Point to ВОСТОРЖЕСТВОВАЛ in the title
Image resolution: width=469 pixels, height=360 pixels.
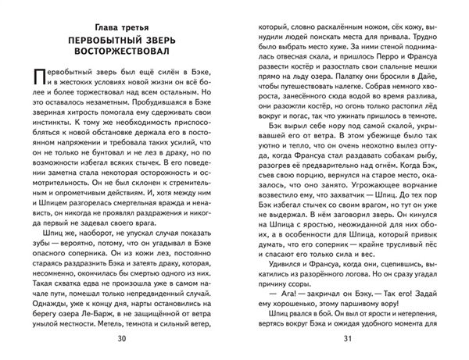click(x=120, y=51)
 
